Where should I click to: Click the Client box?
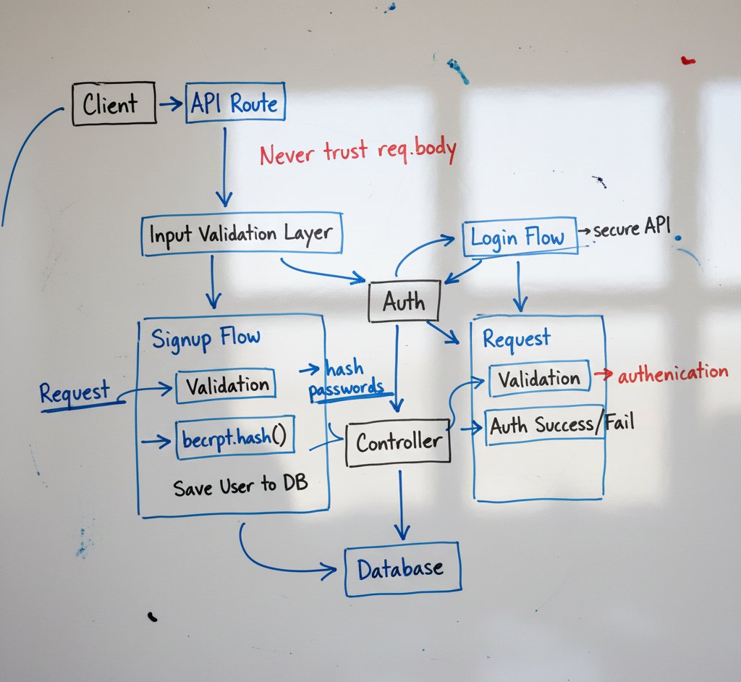coord(114,104)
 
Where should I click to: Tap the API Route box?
coord(235,104)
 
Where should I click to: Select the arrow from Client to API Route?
coord(171,104)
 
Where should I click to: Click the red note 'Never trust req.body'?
coord(357,152)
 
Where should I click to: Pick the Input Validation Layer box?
coord(241,235)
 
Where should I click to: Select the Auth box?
coord(404,301)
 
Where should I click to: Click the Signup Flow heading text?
coord(206,337)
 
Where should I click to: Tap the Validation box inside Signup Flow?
coord(226,386)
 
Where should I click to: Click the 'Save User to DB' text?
coord(240,486)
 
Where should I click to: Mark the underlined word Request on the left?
coord(75,393)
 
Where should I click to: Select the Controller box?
coord(398,442)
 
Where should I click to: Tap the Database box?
coord(401,568)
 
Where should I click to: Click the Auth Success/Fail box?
coord(545,426)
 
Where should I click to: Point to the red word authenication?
coord(672,372)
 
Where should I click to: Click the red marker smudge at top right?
coord(687,61)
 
